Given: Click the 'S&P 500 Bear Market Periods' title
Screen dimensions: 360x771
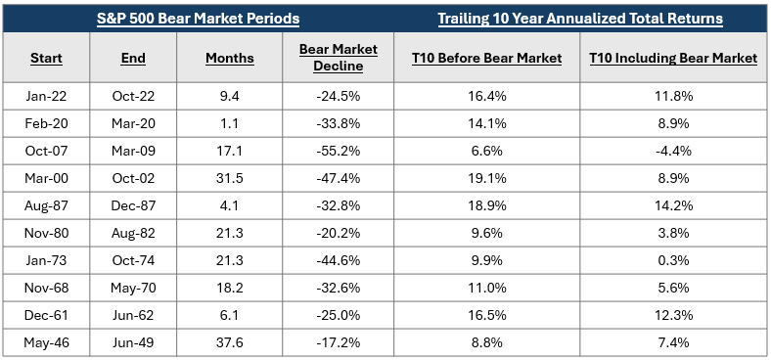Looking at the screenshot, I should [x=199, y=19].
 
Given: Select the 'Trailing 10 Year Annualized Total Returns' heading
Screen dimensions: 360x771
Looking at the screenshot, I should [x=580, y=19].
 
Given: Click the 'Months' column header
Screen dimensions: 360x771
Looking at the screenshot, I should [x=230, y=59].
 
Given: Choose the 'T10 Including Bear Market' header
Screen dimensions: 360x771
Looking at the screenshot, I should [x=673, y=59].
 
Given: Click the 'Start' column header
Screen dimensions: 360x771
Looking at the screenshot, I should [x=46, y=59].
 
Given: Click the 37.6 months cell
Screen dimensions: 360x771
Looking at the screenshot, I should [x=230, y=342].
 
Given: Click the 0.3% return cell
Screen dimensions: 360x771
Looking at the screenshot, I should [x=673, y=259].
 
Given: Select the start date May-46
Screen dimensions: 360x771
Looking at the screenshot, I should [x=46, y=342].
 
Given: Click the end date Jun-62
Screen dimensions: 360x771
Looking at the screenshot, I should [x=133, y=315].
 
